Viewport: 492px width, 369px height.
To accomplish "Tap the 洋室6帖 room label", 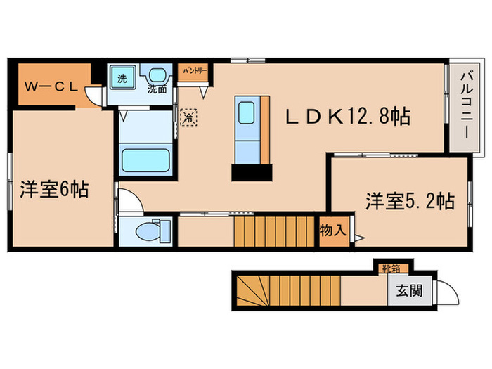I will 53,190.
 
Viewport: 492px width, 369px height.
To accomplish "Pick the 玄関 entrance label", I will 408,290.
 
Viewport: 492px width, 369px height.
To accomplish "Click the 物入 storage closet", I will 334,229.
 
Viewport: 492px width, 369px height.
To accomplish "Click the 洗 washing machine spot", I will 122,78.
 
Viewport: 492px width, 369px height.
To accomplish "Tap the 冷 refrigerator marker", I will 188,118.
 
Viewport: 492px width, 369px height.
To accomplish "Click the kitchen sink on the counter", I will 246,113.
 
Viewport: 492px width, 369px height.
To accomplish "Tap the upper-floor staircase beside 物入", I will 274,231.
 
